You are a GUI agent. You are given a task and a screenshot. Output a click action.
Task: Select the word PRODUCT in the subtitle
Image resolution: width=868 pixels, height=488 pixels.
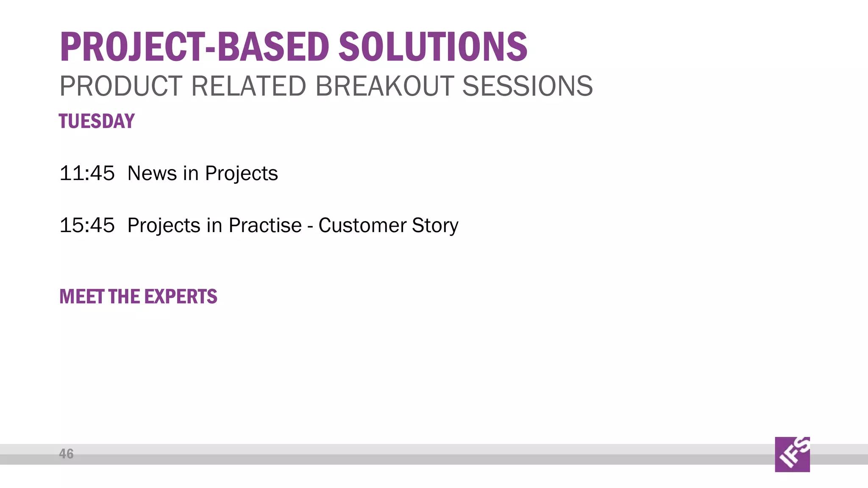121,86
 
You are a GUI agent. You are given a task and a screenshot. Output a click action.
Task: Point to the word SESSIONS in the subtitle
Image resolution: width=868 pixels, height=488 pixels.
527,86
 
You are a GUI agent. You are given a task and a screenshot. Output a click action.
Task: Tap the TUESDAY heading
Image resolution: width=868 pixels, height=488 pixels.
97,121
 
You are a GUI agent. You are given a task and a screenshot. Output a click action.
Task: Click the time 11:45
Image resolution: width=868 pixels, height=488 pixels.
87,173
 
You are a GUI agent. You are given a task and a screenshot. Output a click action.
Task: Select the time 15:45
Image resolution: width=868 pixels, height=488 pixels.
87,225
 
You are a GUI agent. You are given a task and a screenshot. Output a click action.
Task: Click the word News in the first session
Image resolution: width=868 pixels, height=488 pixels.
152,173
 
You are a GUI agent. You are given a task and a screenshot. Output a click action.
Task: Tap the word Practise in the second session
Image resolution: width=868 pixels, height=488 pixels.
265,225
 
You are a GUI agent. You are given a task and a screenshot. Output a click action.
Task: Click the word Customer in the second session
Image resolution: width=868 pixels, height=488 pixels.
362,225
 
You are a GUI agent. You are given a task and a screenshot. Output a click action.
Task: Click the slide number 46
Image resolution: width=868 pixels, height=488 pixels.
66,454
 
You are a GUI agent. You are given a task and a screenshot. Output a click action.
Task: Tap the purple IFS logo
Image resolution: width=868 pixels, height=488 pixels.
792,454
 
